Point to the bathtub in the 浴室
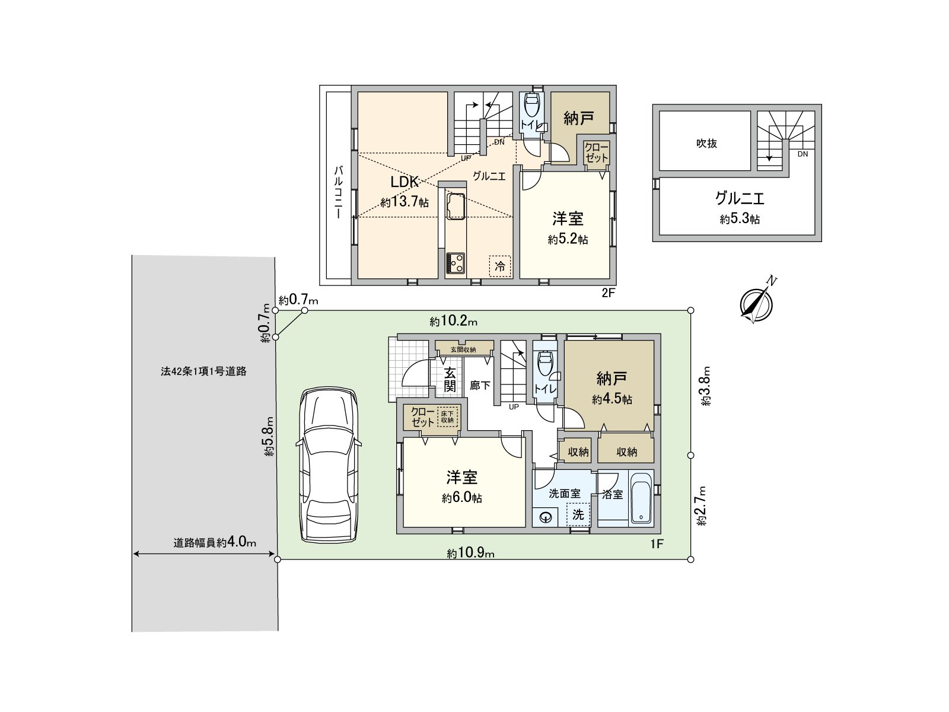[x=641, y=498]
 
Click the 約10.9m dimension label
[x=470, y=554]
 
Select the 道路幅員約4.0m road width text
[x=215, y=542]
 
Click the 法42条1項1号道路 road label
[x=203, y=372]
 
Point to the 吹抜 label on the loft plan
[x=706, y=143]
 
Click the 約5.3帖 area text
[x=740, y=219]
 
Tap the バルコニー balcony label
[x=338, y=193]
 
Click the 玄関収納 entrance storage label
[x=464, y=349]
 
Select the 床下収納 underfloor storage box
[x=447, y=417]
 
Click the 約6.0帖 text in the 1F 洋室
[x=462, y=498]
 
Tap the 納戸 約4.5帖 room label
[x=612, y=387]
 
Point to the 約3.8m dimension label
[x=705, y=392]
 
